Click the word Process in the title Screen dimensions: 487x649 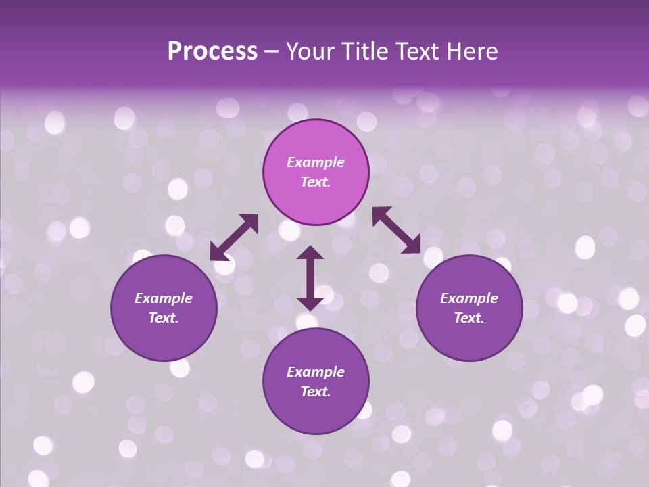click(212, 51)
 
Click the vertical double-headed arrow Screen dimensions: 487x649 click(310, 278)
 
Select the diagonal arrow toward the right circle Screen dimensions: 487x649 click(397, 230)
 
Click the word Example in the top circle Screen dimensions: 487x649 click(316, 162)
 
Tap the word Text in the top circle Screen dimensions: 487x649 click(316, 183)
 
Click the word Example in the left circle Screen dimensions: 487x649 click(164, 298)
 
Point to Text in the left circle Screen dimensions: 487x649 click(164, 319)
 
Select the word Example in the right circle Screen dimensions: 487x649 click(469, 298)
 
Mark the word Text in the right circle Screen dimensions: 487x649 click(469, 319)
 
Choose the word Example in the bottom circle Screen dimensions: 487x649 click(316, 372)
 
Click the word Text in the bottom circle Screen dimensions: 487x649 click(316, 392)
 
